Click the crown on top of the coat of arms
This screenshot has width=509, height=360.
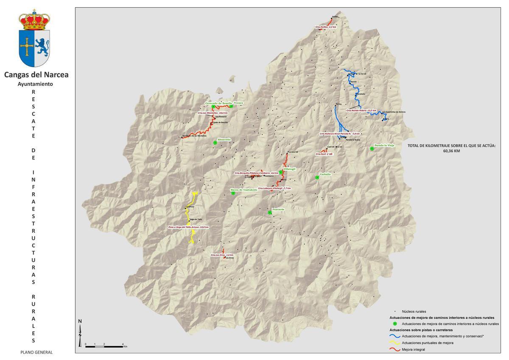34,21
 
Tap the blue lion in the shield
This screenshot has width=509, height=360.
42,46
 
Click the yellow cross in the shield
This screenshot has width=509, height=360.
27,47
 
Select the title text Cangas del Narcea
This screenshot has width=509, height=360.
36,75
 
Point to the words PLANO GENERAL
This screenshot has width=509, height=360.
36,352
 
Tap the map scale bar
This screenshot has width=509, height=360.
104,346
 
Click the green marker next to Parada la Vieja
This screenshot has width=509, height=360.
372,149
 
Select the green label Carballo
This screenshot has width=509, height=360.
325,174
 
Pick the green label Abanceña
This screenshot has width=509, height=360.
224,140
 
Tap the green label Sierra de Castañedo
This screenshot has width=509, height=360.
244,190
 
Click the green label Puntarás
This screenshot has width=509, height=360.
278,209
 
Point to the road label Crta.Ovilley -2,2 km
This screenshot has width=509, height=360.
326,27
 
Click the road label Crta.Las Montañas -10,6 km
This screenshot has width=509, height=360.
213,113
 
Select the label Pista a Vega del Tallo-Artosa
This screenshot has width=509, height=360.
189,227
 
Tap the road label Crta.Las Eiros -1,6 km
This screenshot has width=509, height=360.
222,255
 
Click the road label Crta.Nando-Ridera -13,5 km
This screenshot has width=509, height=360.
361,110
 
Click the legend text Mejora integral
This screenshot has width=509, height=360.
413,350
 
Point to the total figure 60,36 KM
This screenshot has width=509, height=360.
451,151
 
